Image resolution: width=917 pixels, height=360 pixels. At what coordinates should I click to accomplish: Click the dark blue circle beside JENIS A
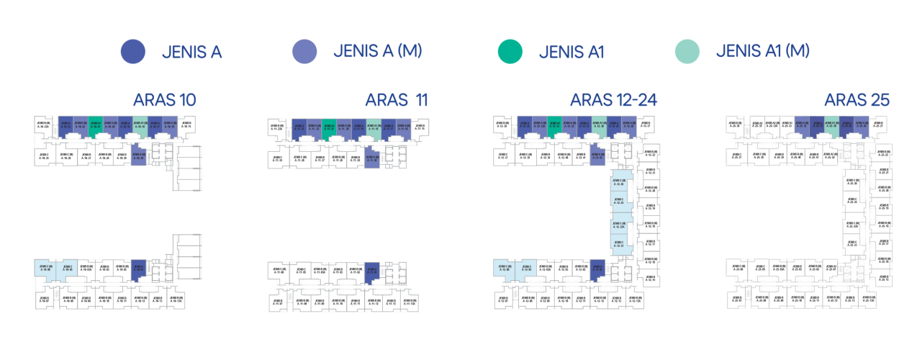coord(133,51)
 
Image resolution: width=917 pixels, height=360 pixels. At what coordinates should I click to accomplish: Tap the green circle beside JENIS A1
coord(510,51)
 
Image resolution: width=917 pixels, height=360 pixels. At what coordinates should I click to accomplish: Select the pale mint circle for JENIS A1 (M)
coord(687,51)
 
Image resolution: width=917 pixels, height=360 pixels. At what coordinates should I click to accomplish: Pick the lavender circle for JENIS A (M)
coord(304,51)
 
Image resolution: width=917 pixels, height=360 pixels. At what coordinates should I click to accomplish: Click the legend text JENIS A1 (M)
coord(763,51)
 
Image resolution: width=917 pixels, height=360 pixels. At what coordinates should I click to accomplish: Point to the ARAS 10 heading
coord(165,100)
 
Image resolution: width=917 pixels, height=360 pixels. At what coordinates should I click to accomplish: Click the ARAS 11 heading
coord(397,100)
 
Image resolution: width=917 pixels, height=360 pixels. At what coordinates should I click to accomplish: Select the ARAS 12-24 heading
coord(613,100)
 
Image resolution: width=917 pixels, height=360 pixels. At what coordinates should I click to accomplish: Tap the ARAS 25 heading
coord(857,100)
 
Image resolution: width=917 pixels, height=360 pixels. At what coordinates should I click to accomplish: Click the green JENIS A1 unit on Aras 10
coord(95,125)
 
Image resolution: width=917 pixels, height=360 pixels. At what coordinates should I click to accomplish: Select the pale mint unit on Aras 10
coord(140,125)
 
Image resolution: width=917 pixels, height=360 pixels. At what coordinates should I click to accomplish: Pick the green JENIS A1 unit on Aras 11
coord(329,127)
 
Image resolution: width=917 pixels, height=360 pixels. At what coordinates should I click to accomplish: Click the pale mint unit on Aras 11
coord(373,127)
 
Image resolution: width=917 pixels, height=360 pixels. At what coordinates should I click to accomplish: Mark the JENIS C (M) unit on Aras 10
coord(45,268)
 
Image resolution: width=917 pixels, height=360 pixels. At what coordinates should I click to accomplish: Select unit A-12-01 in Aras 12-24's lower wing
coord(597,269)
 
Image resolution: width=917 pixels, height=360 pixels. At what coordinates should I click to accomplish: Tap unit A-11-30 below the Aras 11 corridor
coord(371,157)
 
